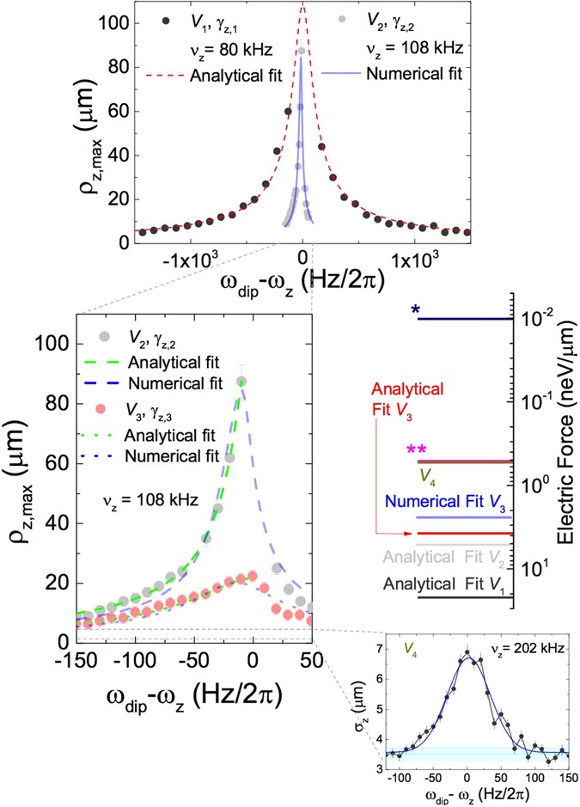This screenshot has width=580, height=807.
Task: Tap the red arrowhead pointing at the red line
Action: click(412, 533)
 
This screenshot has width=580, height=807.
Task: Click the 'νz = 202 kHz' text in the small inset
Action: click(527, 643)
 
